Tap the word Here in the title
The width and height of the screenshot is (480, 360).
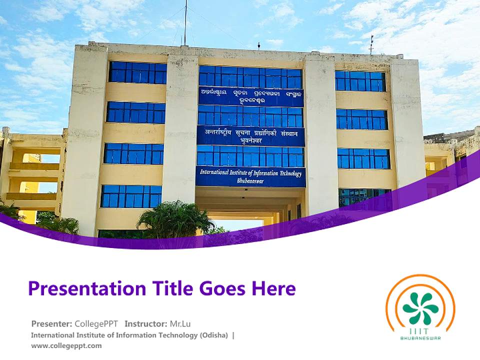click(274, 289)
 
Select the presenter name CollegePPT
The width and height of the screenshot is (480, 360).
click(96, 323)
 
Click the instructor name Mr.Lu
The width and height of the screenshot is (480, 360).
click(180, 323)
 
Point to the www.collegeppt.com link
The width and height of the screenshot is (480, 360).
click(66, 345)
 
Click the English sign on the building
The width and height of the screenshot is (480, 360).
click(250, 176)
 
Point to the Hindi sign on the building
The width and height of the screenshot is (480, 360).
click(250, 136)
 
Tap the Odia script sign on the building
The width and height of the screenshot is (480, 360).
click(250, 96)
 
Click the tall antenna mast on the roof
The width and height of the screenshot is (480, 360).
click(185, 22)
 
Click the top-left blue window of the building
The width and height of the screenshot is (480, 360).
click(137, 73)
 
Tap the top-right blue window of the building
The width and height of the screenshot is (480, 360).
click(360, 81)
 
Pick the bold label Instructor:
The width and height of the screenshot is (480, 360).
click(145, 323)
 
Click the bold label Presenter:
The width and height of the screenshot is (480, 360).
click(51, 323)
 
